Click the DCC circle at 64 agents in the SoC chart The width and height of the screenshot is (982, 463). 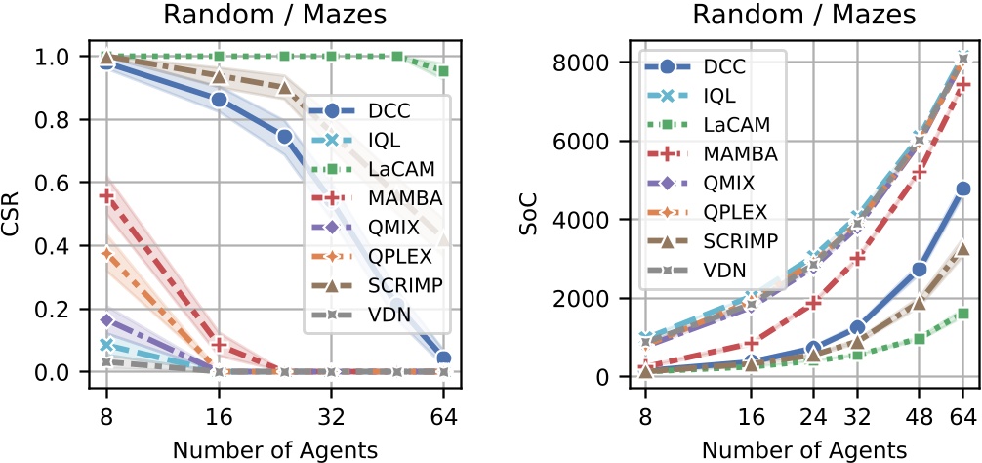point(962,189)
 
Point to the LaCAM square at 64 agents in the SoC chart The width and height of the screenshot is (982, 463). point(962,314)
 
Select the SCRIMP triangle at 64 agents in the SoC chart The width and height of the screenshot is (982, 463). point(962,248)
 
